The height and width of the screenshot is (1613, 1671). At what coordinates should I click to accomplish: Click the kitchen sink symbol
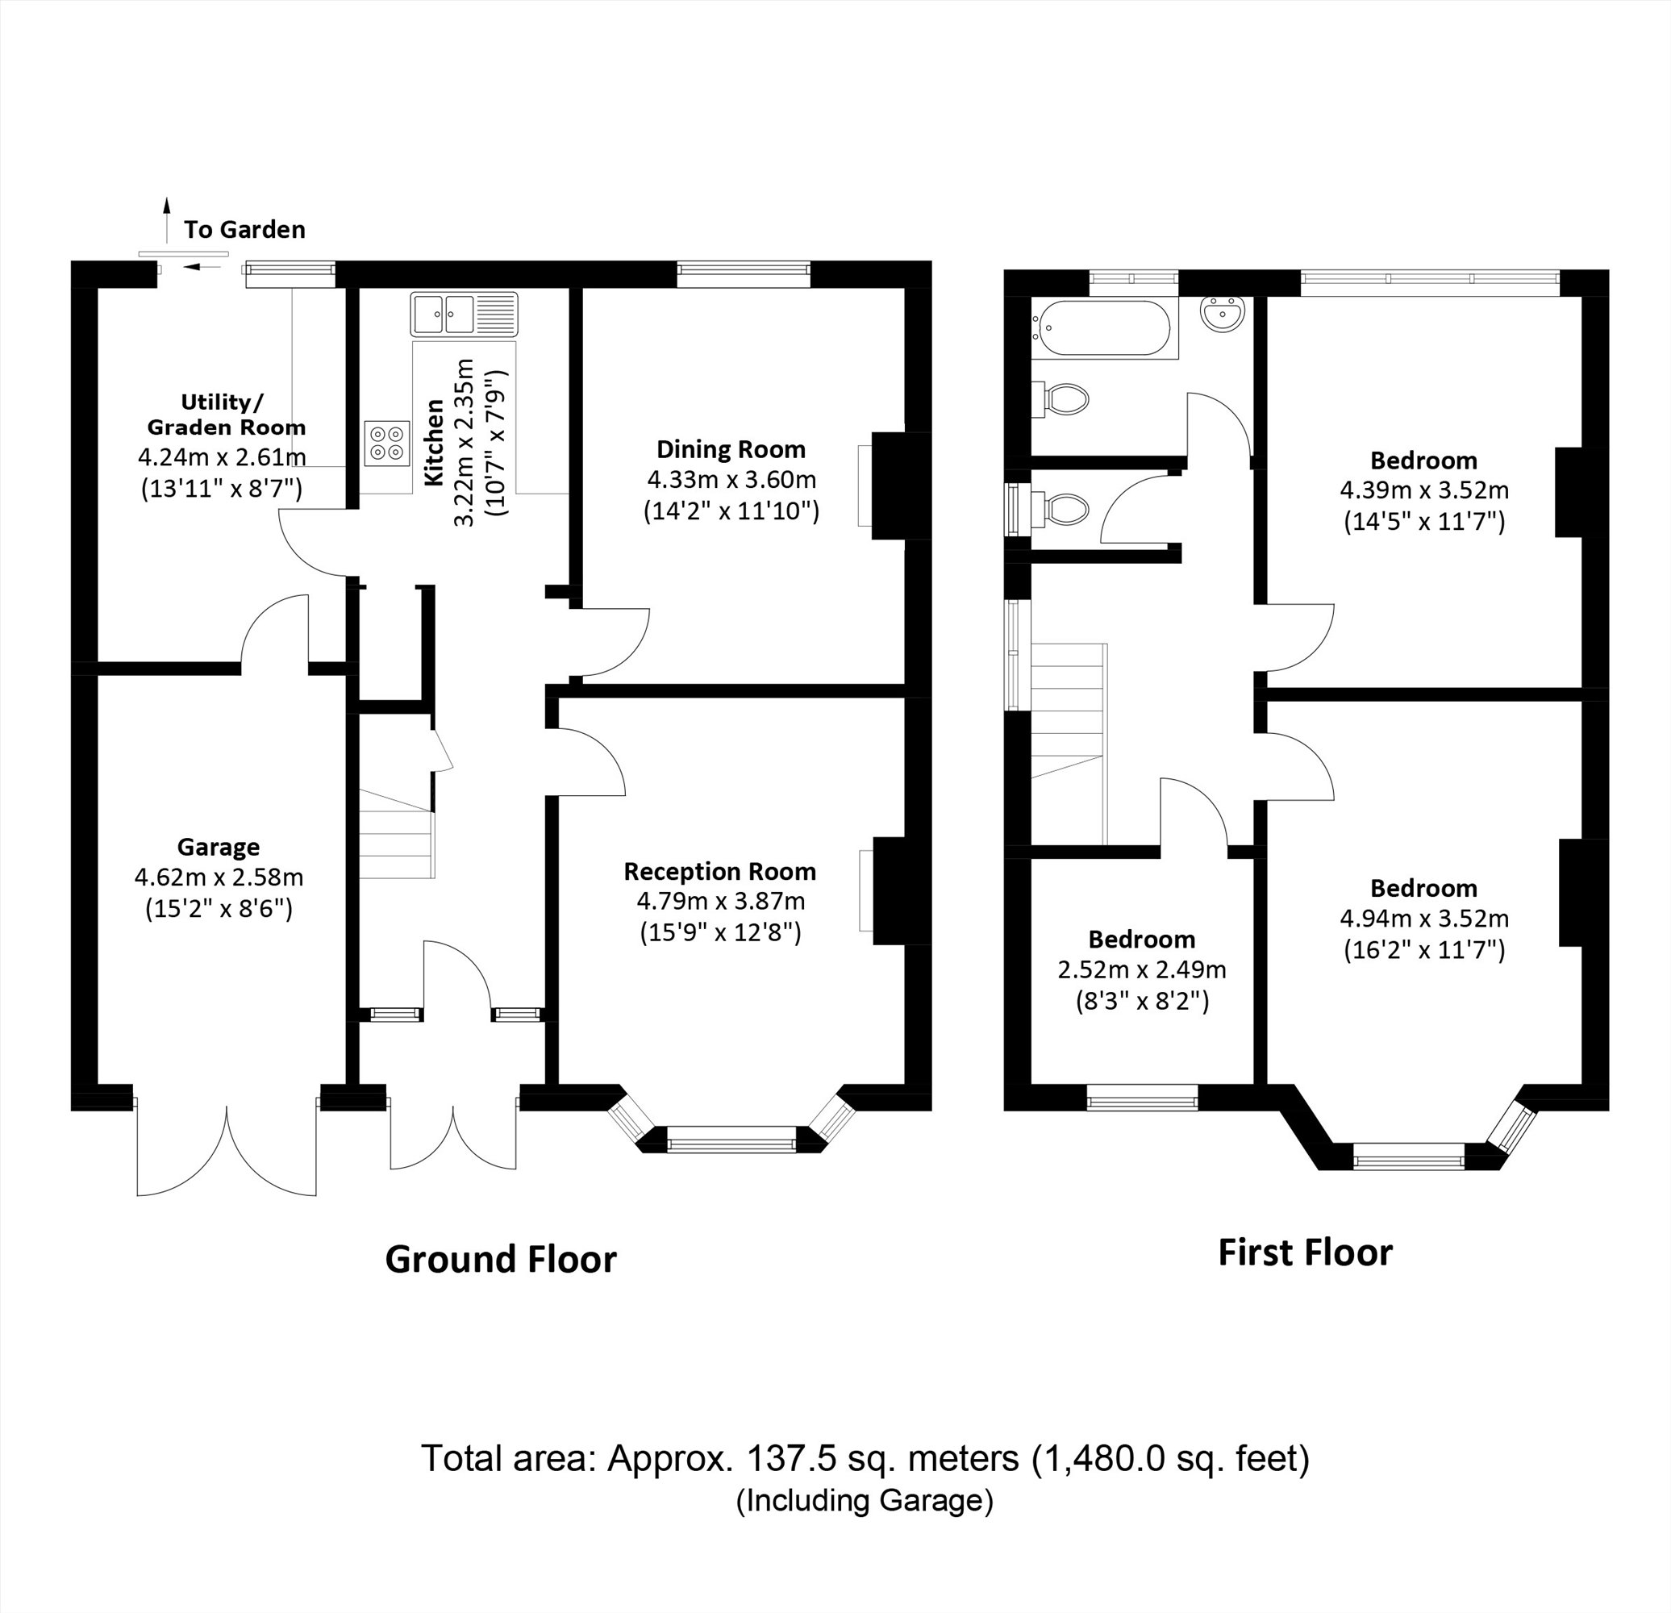[x=464, y=314]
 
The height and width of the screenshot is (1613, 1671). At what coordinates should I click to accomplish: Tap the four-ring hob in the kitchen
[x=386, y=444]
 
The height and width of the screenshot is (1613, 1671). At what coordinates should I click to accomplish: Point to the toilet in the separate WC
[x=1064, y=510]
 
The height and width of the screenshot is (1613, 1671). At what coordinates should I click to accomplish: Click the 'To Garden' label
[x=244, y=230]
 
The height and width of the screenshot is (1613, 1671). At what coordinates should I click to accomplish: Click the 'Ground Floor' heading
[x=501, y=1260]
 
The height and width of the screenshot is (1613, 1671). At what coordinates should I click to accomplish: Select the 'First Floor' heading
[x=1304, y=1252]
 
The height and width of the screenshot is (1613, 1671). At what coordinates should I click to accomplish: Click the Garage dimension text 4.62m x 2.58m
[x=219, y=877]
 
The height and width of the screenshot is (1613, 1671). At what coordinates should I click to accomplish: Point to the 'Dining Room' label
[x=731, y=449]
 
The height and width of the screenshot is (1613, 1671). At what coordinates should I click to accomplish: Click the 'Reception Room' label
[x=719, y=871]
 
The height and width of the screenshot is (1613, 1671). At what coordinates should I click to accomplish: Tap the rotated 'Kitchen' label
[x=435, y=443]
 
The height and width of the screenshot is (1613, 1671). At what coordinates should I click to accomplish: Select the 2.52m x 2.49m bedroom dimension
[x=1142, y=969]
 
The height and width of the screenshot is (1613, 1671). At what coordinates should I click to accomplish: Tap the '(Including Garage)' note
[x=865, y=1500]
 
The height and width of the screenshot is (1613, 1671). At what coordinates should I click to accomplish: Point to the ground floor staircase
[x=397, y=834]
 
